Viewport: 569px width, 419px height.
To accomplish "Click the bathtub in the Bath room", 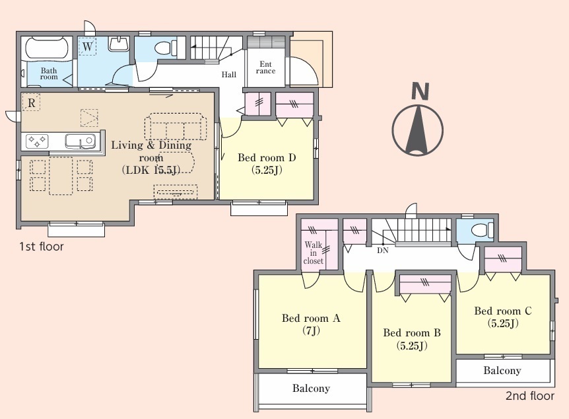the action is pos(47,48).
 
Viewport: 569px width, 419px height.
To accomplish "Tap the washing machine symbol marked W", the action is pos(87,46).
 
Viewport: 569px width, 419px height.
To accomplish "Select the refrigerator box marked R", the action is pos(31,102).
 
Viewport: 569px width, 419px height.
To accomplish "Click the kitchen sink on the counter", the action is pos(80,141).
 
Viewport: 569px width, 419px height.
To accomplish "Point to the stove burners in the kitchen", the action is pos(37,141).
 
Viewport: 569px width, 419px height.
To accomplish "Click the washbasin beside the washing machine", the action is pos(118,44).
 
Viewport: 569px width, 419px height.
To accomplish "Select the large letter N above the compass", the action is pos(420,91).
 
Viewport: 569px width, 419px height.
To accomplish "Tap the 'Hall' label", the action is pos(229,75).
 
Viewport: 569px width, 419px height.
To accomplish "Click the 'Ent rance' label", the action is pos(265,67).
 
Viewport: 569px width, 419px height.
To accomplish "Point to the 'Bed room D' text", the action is pos(267,158).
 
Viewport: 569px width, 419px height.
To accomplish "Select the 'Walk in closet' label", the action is pos(313,253).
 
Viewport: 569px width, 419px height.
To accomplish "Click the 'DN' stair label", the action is pos(383,250).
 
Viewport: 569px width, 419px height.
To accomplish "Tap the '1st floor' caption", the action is pos(42,247).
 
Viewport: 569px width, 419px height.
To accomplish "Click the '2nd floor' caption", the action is pos(530,396).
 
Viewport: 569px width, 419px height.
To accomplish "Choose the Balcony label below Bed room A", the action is pos(311,389).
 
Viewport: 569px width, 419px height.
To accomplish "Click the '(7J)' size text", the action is pos(312,330).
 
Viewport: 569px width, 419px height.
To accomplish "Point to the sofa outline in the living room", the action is pos(176,126).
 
